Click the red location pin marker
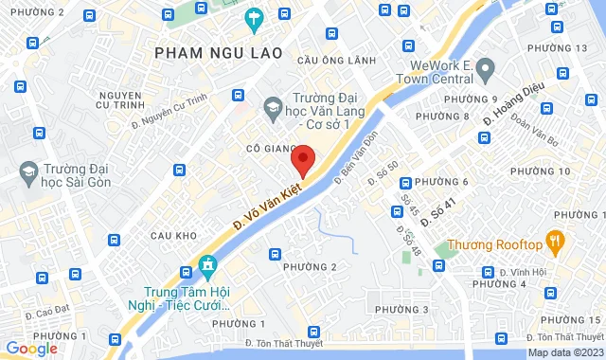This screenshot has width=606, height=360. [302, 160]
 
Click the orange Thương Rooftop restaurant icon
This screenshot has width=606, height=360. [555, 240]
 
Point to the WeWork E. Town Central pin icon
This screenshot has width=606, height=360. [486, 68]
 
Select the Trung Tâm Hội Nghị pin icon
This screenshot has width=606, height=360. [207, 263]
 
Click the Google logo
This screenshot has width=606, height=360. [31, 349]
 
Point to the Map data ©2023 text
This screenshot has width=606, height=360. [565, 352]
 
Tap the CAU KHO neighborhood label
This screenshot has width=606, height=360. [173, 235]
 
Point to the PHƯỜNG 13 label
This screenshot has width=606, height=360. [556, 48]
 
